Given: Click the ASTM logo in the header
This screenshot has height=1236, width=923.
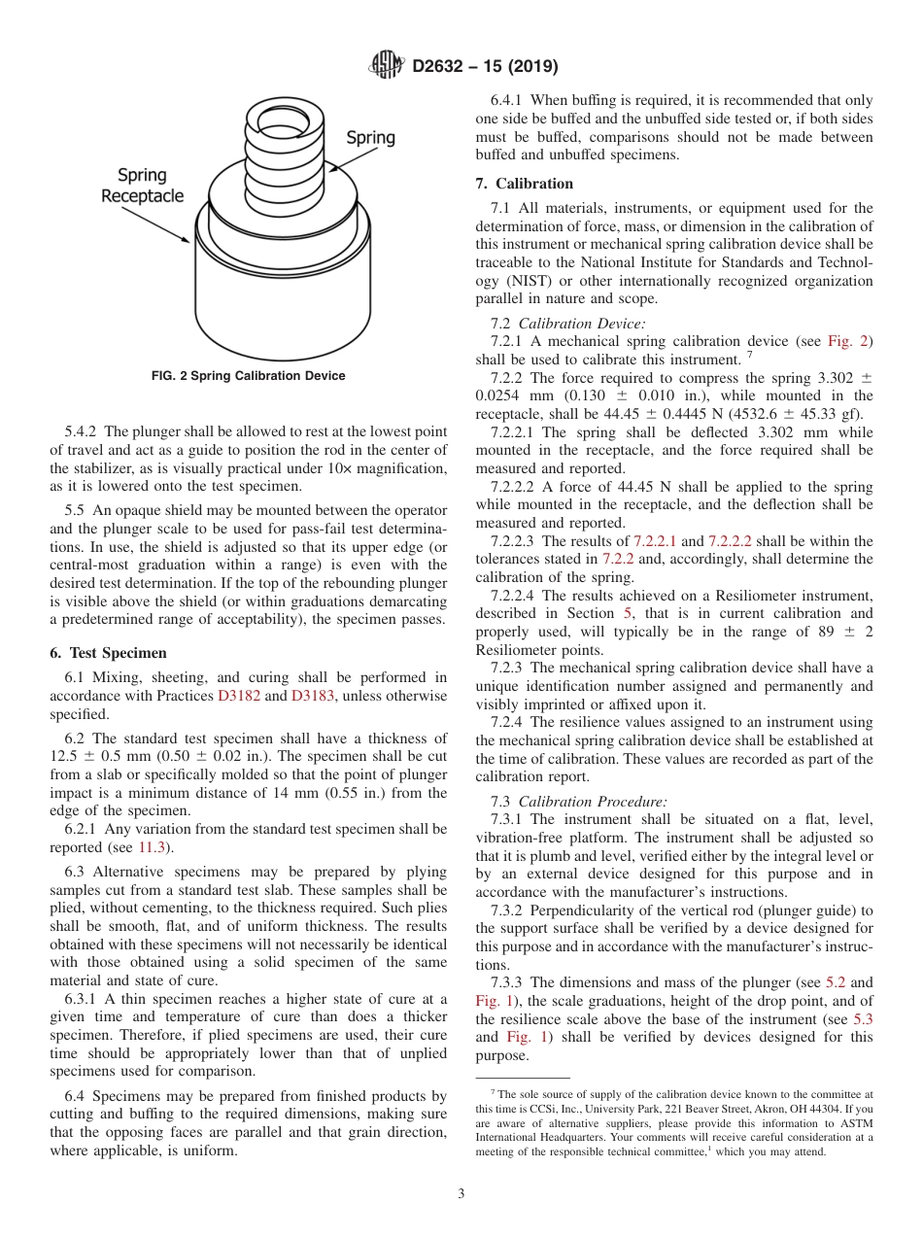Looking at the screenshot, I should [389, 66].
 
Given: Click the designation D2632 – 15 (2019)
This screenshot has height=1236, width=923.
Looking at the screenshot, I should [484, 67].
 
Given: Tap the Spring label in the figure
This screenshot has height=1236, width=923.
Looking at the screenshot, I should [370, 138].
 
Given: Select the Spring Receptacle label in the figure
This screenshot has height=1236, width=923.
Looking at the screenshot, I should [142, 186].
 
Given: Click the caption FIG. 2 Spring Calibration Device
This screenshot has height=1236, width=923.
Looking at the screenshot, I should [249, 376].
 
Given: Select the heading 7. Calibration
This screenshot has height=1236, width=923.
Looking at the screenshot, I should [525, 184].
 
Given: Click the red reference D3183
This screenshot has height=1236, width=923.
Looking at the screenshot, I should [312, 696].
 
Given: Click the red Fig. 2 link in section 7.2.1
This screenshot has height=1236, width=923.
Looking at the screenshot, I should [849, 341].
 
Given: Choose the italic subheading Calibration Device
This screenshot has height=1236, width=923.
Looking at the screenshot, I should [581, 324].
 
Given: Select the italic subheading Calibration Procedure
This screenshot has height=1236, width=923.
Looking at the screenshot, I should [592, 802].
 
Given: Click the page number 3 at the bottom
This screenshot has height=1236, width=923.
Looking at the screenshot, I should [461, 1194].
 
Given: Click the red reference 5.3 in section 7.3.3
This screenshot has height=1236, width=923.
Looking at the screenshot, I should [863, 1019].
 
